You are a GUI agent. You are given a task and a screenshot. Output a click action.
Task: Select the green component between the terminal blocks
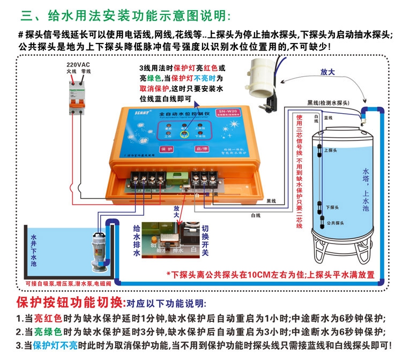(174, 178)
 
